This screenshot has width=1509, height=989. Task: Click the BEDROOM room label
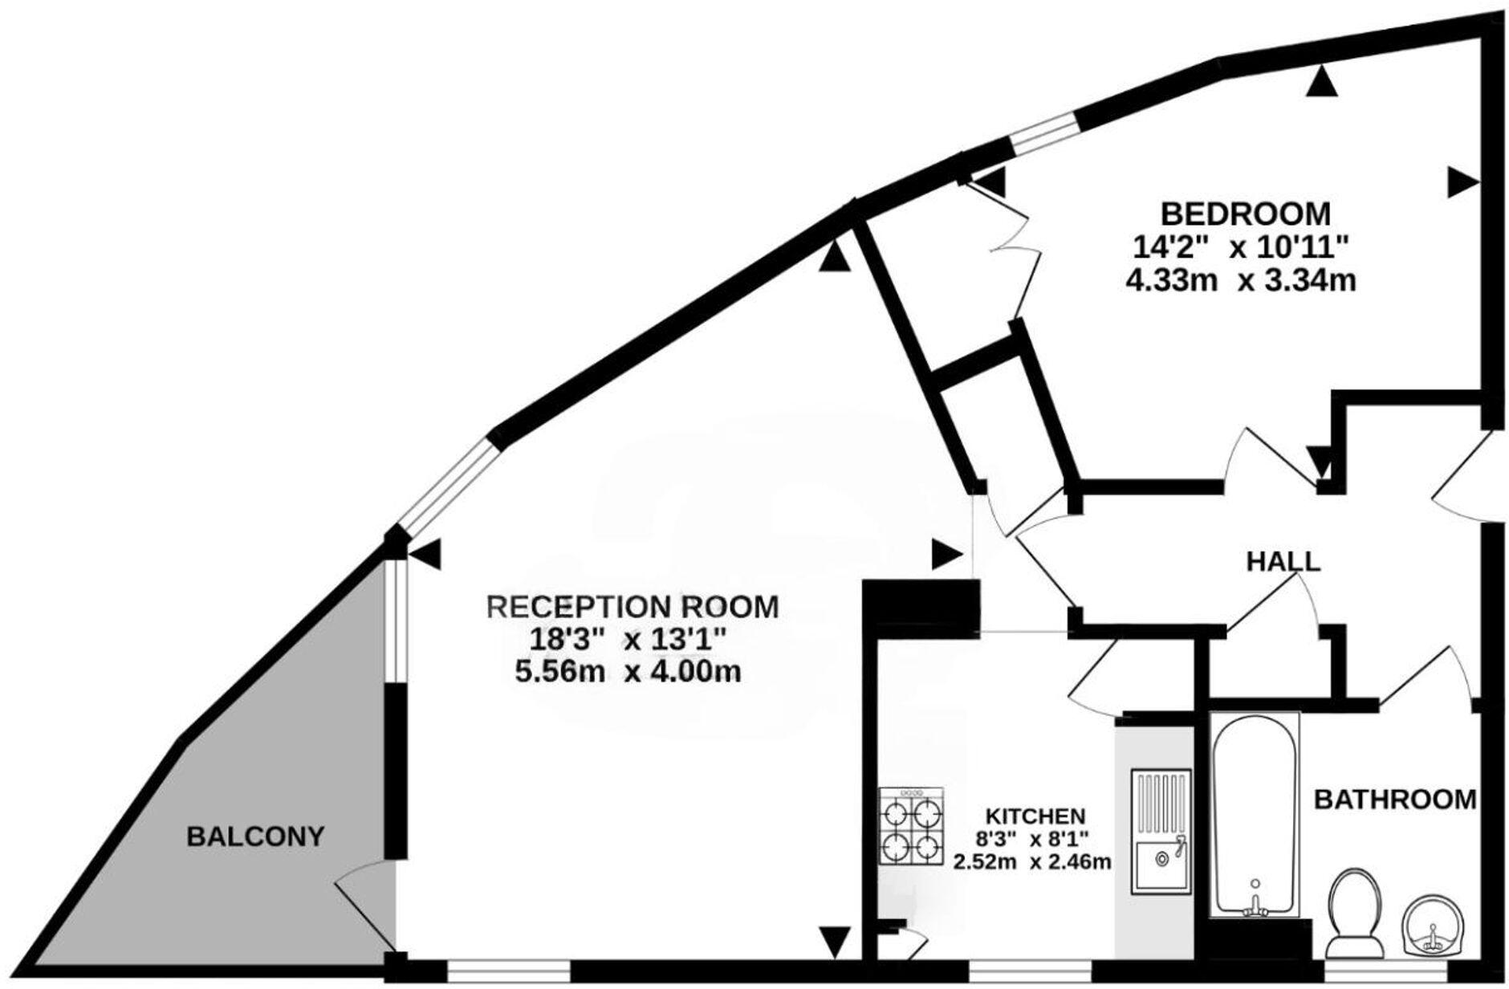1245,214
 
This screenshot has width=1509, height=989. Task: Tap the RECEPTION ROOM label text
633,607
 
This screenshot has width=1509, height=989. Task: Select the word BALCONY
255,836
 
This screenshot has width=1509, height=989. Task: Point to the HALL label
1283,561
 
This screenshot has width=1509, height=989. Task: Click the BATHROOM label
1396,800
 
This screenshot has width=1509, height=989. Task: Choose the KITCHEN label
1035,816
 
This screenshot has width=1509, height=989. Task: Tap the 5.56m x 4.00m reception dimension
628,671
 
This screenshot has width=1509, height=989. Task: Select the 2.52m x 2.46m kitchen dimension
1032,863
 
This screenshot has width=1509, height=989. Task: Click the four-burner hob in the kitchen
911,825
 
